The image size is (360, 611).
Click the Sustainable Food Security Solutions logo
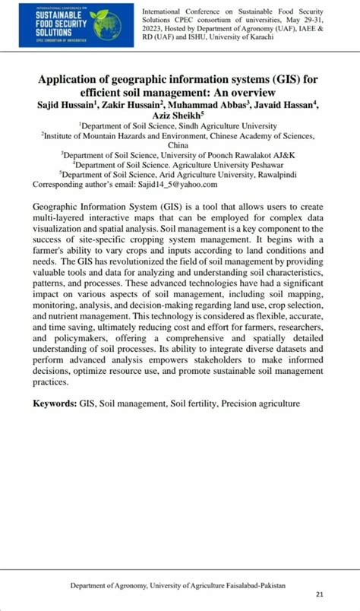(x=74, y=24)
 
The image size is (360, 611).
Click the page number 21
(x=320, y=594)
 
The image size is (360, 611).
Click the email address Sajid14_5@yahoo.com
(x=177, y=184)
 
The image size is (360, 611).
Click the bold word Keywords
(x=54, y=403)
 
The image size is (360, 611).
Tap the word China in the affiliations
(x=179, y=144)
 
